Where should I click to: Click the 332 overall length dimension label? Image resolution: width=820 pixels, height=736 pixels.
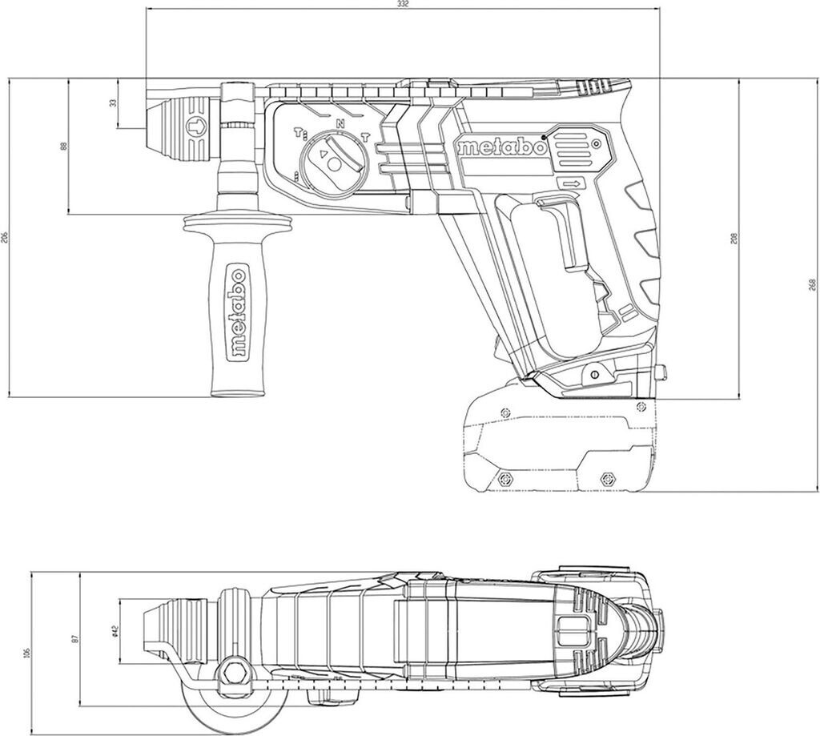tap(403, 5)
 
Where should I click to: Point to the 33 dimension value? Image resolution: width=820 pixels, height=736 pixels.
tap(113, 103)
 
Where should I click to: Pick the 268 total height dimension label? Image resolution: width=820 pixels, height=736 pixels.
tap(811, 284)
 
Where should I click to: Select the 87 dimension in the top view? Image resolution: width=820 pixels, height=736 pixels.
tap(75, 638)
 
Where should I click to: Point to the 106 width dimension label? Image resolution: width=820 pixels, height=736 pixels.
tap(27, 653)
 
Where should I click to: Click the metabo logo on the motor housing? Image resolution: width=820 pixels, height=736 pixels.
tap(502, 148)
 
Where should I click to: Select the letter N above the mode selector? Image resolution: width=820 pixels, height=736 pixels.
tap(340, 123)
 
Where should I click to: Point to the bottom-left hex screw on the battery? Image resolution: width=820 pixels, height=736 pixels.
tap(505, 478)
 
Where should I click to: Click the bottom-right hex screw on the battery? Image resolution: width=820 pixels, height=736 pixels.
tap(606, 478)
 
